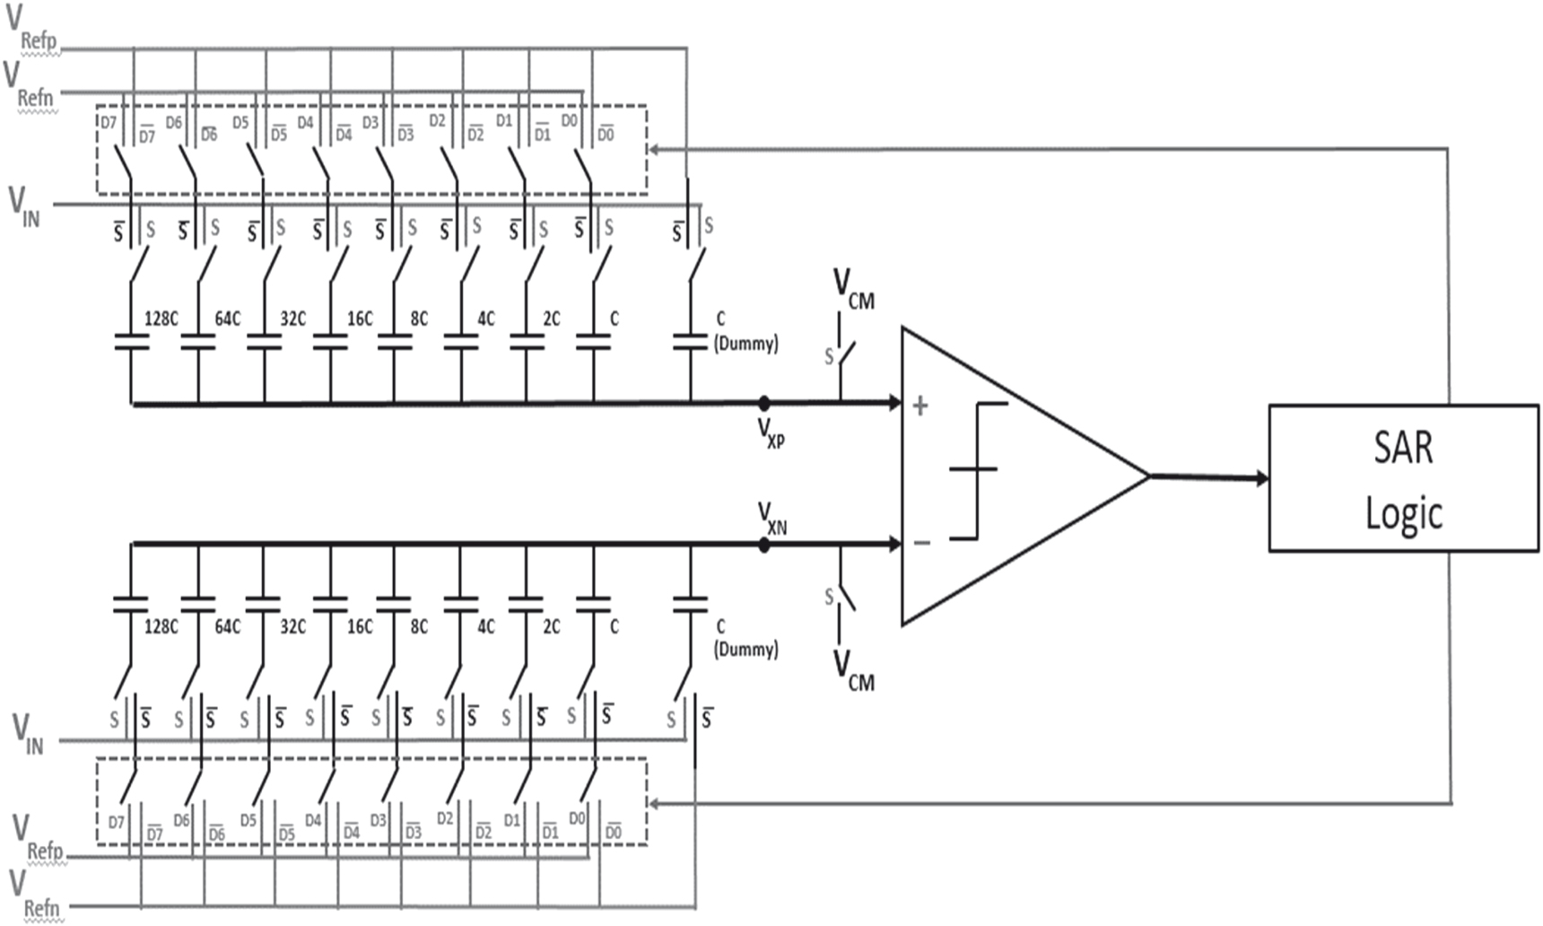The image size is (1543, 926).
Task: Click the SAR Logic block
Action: [1403, 478]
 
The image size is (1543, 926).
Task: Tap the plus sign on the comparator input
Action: [920, 406]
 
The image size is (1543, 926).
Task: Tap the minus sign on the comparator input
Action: [921, 543]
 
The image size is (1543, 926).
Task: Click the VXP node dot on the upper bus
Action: [763, 404]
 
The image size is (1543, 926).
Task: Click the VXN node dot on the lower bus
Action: [763, 545]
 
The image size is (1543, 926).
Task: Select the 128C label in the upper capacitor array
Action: [161, 319]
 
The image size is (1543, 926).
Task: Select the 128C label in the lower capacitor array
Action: [161, 625]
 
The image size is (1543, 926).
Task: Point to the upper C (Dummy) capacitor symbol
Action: [690, 342]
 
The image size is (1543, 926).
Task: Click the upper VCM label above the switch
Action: [853, 290]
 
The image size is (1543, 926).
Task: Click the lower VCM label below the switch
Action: [853, 671]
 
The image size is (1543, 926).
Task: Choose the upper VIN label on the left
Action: [24, 206]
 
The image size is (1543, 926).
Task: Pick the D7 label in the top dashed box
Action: [108, 122]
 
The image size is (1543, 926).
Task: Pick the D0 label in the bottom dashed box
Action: [577, 818]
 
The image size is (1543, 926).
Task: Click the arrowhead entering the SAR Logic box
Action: [1262, 478]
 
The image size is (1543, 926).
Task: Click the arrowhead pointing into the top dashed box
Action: [654, 149]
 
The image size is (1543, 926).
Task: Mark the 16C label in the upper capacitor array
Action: [360, 319]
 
